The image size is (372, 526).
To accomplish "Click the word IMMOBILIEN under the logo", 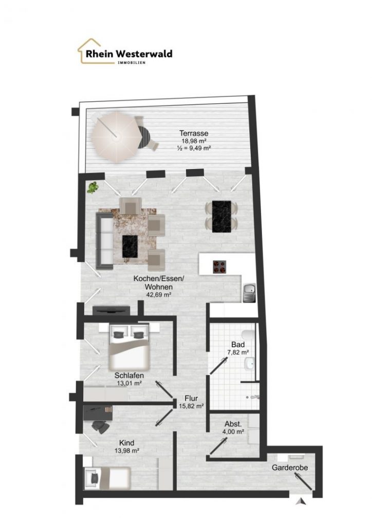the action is tap(132, 63).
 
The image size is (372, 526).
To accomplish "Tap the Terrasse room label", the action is tap(194, 133).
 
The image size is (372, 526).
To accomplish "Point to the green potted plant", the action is tap(92, 187).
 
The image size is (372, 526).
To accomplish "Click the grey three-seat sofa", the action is tap(105, 240).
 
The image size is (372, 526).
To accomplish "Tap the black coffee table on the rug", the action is tap(130, 246).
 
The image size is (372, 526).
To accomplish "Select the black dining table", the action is tap(222, 216).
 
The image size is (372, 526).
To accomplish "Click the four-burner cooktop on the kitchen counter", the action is tap(219, 267).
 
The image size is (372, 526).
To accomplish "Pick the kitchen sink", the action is tap(249, 292).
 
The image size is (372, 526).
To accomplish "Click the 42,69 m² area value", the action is tap(159, 294).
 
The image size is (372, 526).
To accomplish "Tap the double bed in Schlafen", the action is tap(129, 346).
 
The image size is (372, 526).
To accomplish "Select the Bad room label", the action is tap(238, 345).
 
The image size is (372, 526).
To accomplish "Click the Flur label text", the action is tap(191, 398).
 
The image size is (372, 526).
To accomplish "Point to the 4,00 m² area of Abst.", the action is tap(233, 431).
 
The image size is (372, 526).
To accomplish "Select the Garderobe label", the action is tap(290, 467).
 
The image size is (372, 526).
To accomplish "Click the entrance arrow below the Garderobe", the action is tap(301, 501).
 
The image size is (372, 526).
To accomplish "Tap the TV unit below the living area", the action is tap(111, 310).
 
